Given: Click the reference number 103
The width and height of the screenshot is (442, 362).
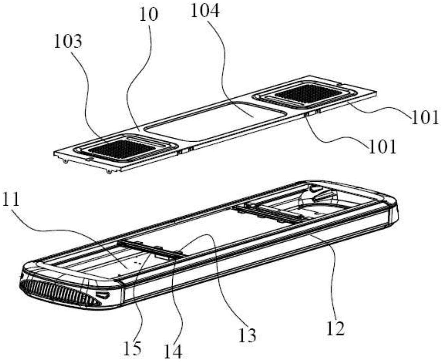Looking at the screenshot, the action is [x=68, y=42].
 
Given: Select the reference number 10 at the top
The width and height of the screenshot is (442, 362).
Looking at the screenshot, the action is [x=149, y=14].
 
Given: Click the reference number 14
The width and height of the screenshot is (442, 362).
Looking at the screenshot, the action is [x=174, y=352].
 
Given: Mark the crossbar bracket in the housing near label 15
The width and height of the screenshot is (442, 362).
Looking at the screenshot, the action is [x=149, y=250].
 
